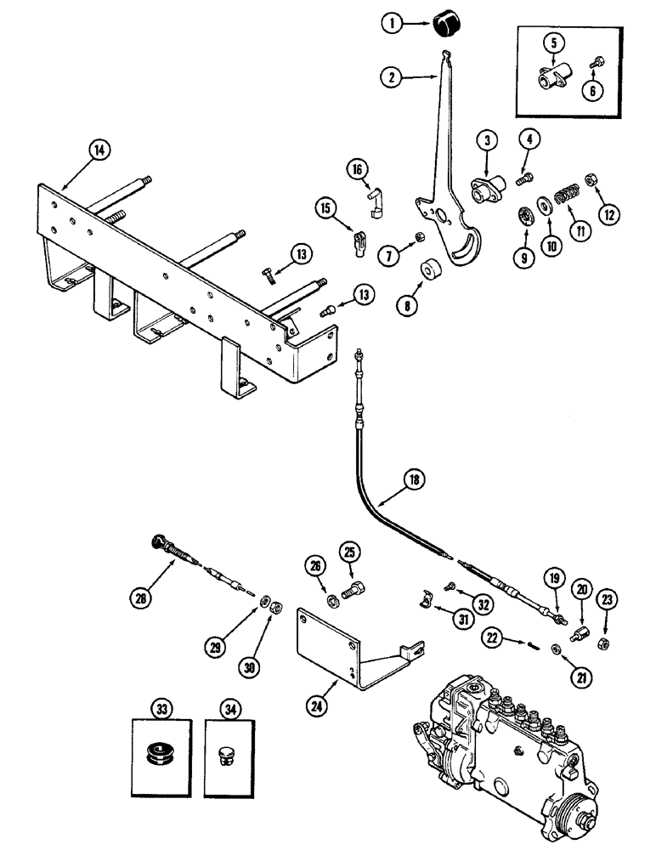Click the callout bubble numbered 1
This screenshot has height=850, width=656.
coord(393,25)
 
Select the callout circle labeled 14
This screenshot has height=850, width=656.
coord(99,150)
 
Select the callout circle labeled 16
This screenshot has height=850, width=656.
coord(356,171)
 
